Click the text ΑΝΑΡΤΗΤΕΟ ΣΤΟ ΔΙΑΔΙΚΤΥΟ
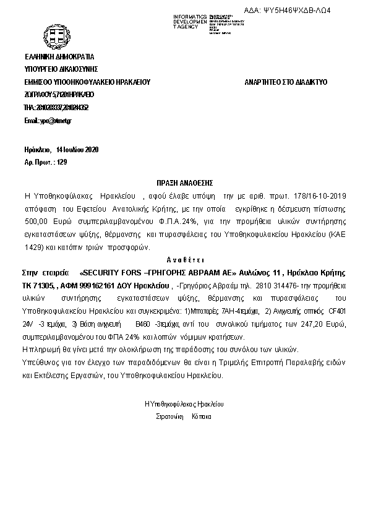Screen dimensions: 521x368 click(x=285, y=82)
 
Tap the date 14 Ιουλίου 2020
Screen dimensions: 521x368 click(x=77, y=150)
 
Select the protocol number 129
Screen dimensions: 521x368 click(x=61, y=162)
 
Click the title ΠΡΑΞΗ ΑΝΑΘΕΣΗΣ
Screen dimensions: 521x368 click(x=184, y=183)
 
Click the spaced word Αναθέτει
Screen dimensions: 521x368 click(x=184, y=260)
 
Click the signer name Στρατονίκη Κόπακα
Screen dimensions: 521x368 click(x=184, y=416)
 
